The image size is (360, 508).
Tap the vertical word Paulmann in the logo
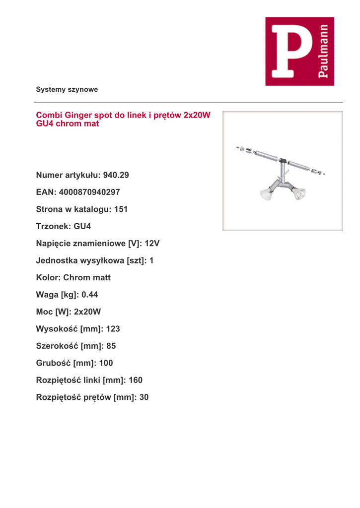click(323, 51)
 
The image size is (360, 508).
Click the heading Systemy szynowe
click(67, 90)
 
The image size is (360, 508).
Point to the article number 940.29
click(116, 175)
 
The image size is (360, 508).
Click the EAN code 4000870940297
click(89, 192)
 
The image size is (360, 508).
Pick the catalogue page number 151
click(121, 209)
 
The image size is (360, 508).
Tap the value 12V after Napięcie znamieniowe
click(152, 244)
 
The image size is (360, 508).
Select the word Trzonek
click(53, 226)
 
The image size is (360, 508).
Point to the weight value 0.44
click(90, 295)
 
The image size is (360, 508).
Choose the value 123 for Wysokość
click(113, 329)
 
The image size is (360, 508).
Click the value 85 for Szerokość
click(111, 346)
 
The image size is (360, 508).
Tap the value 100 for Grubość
click(106, 363)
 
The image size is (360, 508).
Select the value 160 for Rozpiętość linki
click(135, 380)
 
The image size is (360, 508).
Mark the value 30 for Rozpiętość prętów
click(144, 397)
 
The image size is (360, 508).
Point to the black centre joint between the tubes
click(282, 161)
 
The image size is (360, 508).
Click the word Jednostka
click(58, 260)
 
